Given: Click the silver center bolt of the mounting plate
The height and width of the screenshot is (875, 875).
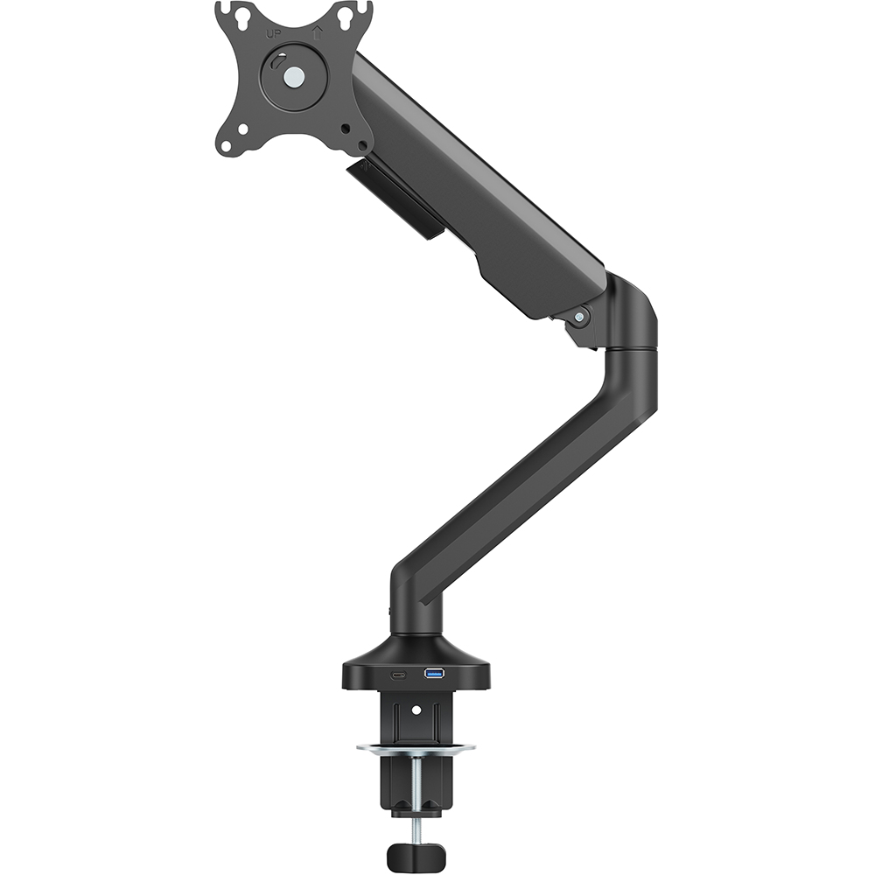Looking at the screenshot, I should [294, 76].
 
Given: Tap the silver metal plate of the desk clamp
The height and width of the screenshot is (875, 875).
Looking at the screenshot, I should [416, 749].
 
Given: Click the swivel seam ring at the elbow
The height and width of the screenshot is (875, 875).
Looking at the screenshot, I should [632, 351].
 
